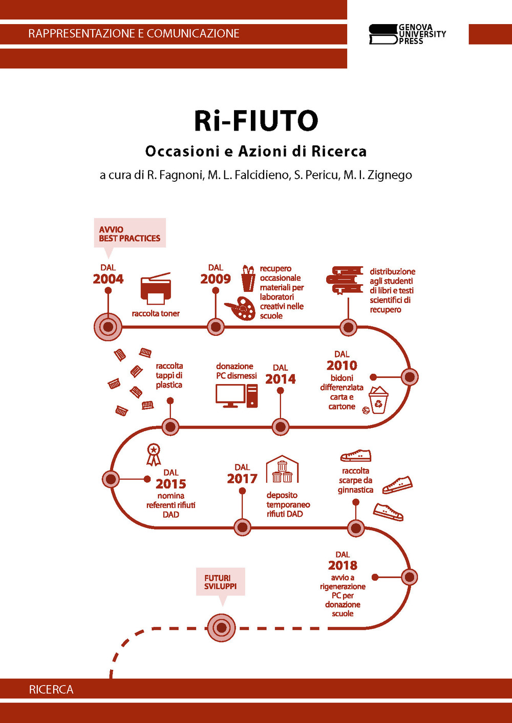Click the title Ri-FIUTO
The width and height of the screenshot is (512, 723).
[256, 121]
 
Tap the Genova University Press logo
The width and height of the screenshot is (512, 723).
[407, 34]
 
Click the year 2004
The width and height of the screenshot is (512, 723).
[108, 279]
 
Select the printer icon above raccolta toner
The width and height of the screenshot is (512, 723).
[156, 289]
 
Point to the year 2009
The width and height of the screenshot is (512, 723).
[216, 279]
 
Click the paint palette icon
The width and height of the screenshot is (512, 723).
[240, 308]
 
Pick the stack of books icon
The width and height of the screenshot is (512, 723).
[345, 281]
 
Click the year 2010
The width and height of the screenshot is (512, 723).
[342, 366]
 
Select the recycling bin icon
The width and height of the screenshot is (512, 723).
[378, 400]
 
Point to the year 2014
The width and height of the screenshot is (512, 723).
[281, 379]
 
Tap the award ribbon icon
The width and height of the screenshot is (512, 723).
[154, 454]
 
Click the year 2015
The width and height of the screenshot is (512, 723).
[171, 484]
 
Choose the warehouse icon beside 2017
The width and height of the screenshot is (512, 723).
[282, 469]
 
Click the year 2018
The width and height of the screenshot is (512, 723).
[343, 565]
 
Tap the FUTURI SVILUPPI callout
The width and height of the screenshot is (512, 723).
[221, 582]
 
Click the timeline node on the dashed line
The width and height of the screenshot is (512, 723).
[221, 628]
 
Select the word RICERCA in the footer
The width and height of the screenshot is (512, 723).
[51, 690]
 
